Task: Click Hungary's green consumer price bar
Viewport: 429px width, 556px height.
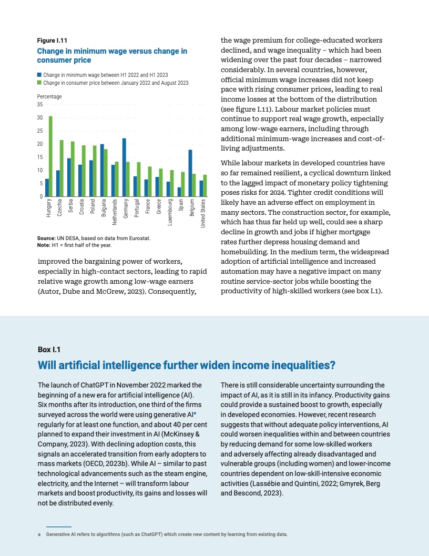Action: pos(50,156)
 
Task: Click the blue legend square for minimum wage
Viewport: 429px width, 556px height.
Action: pos(39,75)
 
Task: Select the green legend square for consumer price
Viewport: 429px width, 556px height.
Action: pos(39,83)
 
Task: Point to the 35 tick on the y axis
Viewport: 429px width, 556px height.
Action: pos(40,105)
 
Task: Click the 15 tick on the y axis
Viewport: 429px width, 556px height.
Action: pos(40,157)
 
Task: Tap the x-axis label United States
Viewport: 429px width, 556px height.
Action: pos(203,214)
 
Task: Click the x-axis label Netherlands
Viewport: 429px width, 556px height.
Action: pos(115,213)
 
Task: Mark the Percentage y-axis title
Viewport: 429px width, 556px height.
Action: pos(49,96)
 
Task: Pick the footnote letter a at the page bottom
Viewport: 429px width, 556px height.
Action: pos(40,534)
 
